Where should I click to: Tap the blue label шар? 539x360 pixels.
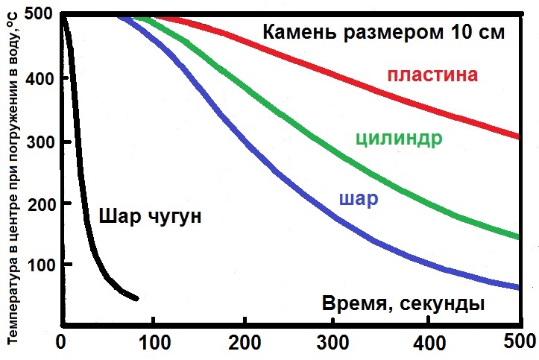[358, 199]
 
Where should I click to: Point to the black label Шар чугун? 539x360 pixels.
[151, 217]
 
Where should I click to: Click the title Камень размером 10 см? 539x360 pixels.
[384, 33]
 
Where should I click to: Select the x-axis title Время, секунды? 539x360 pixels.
[403, 304]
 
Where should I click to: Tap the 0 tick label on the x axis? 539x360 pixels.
[62, 344]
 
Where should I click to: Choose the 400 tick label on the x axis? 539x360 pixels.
[428, 344]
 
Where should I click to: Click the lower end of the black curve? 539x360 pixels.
[136, 299]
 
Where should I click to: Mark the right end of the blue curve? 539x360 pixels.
[517, 287]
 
